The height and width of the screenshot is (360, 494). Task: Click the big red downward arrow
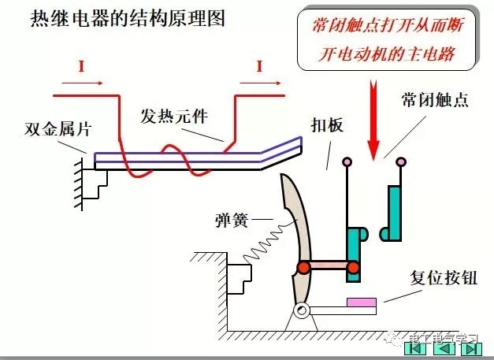pos(373,118)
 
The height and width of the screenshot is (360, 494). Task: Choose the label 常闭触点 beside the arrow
pos(433,102)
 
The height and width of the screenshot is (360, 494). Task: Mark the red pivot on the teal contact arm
pos(352,269)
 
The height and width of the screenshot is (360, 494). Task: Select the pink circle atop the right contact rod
pos(401,162)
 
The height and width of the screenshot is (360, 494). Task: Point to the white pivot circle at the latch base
pos(300,313)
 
